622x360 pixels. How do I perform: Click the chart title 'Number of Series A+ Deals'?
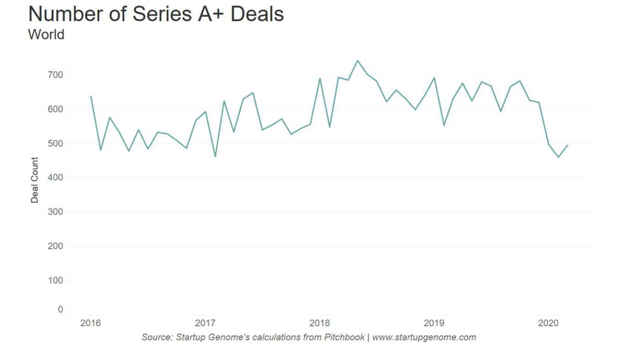click(156, 14)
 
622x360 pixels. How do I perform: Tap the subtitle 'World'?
click(46, 34)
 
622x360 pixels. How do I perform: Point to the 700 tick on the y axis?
click(54, 75)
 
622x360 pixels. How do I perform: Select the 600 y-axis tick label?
click(54, 109)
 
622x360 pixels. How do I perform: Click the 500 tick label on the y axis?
click(54, 143)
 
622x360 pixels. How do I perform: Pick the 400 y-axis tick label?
click(54, 178)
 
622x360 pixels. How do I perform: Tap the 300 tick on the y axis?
click(54, 212)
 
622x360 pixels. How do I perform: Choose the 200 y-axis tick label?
click(54, 246)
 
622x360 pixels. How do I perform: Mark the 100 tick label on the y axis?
click(54, 281)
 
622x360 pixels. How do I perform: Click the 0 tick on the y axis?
click(60, 310)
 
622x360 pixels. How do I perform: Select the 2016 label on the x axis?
click(91, 323)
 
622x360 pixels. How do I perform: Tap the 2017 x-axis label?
click(205, 323)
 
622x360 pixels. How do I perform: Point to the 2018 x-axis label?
click(320, 323)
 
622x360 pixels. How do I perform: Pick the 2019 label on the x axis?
click(434, 323)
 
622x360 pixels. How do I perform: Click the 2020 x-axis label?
click(548, 323)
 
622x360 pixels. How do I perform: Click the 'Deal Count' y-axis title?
click(35, 180)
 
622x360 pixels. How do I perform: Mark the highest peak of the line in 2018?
click(357, 61)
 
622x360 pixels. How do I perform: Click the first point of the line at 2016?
click(91, 96)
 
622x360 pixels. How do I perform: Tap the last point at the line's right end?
click(568, 145)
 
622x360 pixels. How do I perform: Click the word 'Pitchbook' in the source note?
click(345, 338)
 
